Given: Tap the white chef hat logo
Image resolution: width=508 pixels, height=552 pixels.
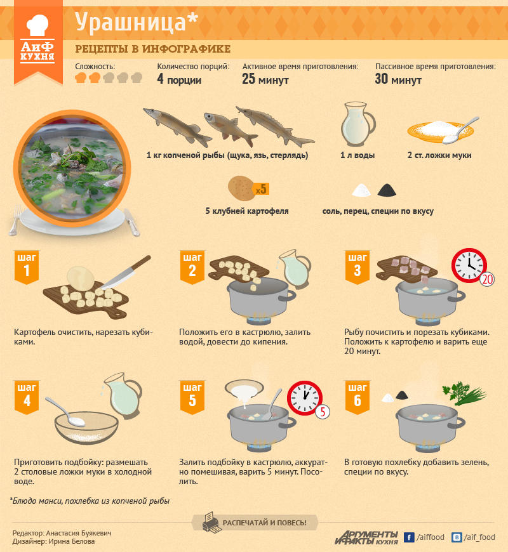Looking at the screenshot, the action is (x=37, y=25).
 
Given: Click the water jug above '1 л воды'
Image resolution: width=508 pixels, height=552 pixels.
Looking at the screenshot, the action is (x=358, y=124).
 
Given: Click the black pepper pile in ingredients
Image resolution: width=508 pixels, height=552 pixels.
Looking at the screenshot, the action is (x=387, y=190).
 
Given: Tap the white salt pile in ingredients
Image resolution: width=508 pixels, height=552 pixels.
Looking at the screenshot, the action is (x=361, y=190).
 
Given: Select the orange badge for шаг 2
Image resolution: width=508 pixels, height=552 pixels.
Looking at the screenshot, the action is (x=192, y=267).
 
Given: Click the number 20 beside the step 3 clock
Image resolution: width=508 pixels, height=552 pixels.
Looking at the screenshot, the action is (x=487, y=279).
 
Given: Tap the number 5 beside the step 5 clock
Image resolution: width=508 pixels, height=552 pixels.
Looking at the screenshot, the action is (x=323, y=412).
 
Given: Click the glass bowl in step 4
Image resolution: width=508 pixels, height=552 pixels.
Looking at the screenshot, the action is (x=86, y=428).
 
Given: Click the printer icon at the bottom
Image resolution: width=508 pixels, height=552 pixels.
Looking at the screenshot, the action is (x=212, y=522).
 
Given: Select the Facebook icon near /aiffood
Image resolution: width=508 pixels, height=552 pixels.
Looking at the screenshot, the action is (x=409, y=537).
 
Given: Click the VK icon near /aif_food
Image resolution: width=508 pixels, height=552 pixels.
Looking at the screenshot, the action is (x=457, y=537).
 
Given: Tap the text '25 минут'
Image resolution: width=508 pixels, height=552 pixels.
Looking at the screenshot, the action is (x=265, y=79).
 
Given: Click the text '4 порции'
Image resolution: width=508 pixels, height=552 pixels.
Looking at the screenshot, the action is (x=179, y=79).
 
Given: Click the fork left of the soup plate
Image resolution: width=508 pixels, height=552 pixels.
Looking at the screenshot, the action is (x=15, y=220).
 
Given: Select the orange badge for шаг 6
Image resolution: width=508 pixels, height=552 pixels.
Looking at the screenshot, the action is (x=358, y=397).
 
